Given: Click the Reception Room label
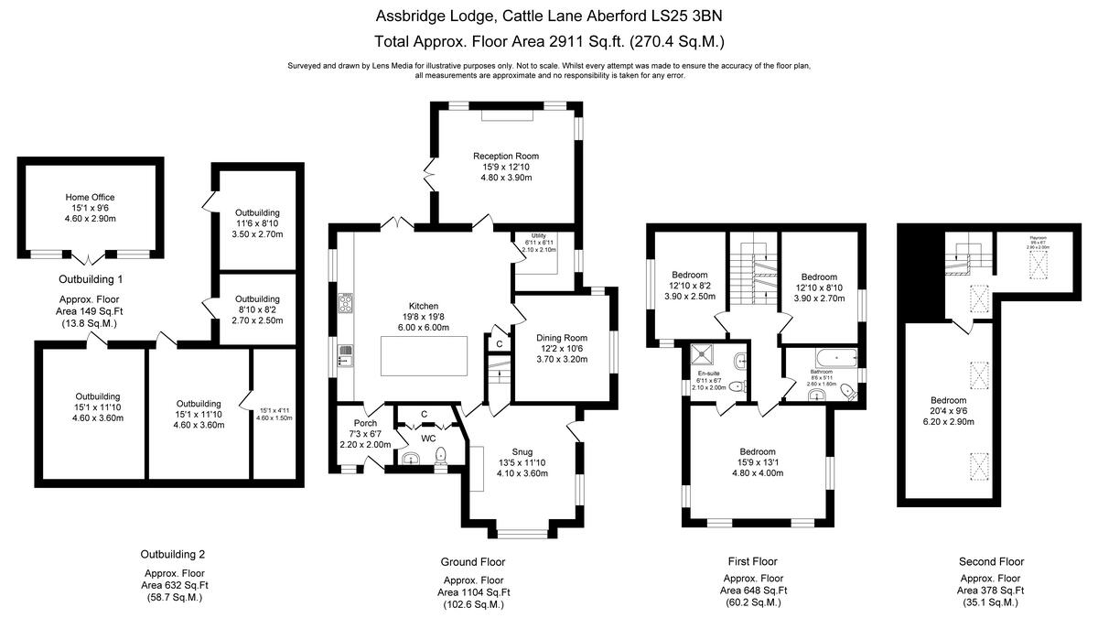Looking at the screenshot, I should [x=505, y=156].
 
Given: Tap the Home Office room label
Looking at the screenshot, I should [x=90, y=197].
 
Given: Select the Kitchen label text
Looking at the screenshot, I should [x=424, y=306].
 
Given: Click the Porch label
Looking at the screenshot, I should [x=353, y=422].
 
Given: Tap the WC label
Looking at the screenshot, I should [x=428, y=439].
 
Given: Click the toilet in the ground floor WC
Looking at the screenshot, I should [x=440, y=455].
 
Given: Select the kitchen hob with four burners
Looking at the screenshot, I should [x=346, y=303].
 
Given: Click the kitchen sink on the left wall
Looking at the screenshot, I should [x=345, y=355].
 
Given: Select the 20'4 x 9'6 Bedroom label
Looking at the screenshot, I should [x=948, y=400].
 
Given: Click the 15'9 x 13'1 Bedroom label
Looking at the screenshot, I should [x=758, y=451].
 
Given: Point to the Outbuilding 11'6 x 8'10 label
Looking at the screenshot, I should [x=257, y=212].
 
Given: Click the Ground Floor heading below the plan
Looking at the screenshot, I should [x=473, y=561].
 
